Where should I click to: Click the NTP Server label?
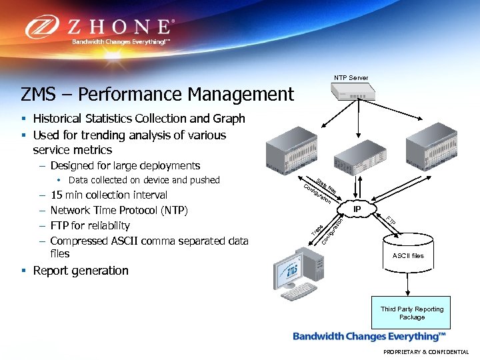[351, 78]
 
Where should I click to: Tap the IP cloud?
[357, 209]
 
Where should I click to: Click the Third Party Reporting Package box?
[411, 313]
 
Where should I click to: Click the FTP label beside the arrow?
[391, 221]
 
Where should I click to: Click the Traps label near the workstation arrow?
[318, 230]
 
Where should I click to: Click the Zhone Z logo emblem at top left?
[45, 27]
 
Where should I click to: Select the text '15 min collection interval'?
[109, 195]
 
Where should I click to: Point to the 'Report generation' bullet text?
[81, 271]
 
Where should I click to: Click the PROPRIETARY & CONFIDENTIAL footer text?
[425, 352]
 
